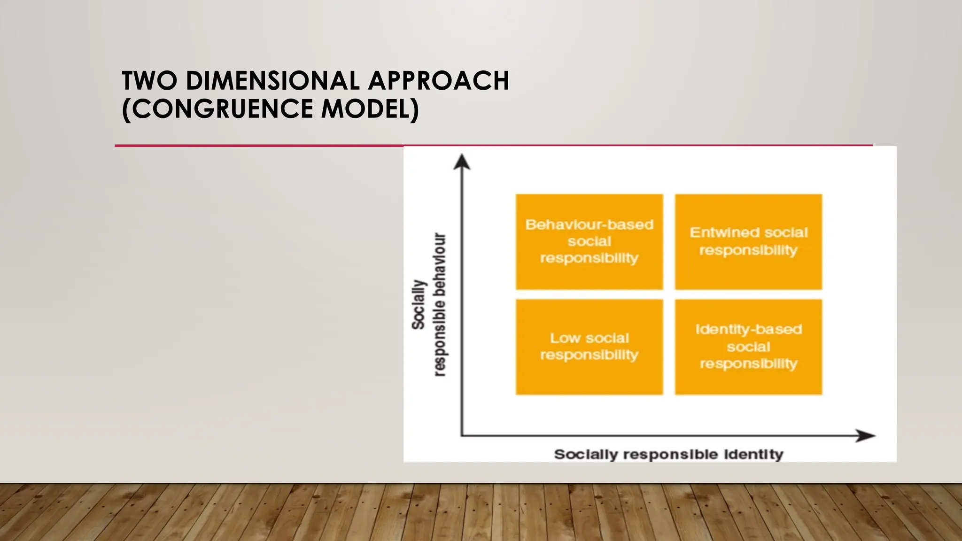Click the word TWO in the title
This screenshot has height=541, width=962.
[149, 81]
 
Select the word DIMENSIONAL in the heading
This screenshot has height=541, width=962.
[272, 81]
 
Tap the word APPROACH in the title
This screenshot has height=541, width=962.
[438, 81]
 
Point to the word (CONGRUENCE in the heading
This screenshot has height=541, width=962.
[217, 109]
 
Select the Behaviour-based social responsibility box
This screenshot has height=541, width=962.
[589, 242]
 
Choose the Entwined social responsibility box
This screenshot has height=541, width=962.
[748, 242]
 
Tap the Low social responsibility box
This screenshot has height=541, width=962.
[589, 347]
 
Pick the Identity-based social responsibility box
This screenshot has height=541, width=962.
[748, 347]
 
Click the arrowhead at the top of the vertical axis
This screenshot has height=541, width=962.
[462, 162]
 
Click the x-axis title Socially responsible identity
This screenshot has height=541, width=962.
[668, 455]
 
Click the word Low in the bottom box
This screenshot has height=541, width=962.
[565, 338]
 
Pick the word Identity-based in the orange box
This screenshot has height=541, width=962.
[748, 329]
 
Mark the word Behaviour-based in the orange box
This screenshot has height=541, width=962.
[589, 224]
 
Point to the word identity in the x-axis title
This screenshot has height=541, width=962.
[753, 455]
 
